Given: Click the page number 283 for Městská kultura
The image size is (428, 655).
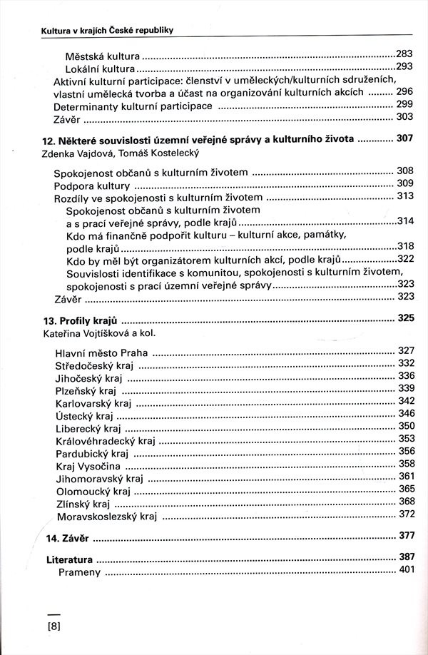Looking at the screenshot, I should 404,53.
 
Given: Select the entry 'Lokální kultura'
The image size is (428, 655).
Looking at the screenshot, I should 100,68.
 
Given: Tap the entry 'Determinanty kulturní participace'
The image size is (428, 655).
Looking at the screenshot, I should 133,106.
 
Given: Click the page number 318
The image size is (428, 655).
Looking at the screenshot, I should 405,245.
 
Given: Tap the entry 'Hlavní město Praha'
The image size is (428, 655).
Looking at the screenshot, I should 101,352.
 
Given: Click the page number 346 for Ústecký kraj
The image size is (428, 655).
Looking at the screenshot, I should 406,413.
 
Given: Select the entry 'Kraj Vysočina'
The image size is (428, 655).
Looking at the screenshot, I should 86,466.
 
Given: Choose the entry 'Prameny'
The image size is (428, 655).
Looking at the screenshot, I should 81,572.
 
